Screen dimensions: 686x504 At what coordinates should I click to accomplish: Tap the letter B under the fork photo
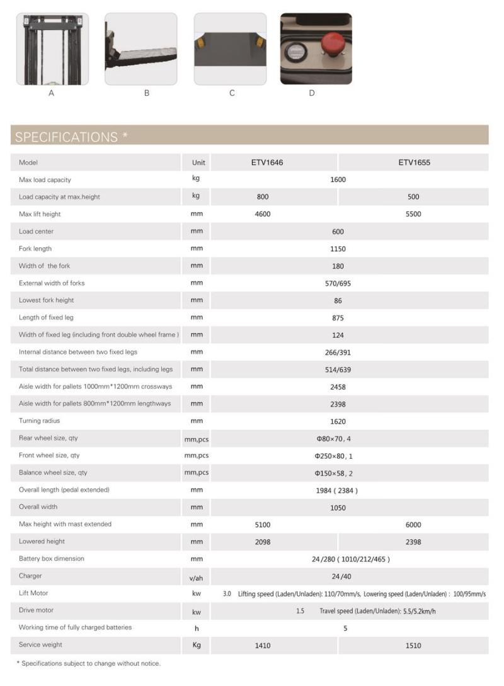pos(147,93)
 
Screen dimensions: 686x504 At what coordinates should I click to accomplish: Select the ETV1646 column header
pos(267,162)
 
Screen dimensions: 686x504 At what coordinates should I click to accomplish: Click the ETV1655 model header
pos(414,162)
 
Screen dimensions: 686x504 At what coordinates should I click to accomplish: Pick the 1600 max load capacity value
pos(338,179)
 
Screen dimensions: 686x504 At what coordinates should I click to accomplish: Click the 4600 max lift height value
pos(263,214)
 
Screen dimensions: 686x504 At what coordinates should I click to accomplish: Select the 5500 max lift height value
pos(413,214)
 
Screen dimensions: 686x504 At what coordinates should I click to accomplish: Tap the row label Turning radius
pos(40,420)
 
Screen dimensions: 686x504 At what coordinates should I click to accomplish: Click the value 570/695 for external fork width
pos(338,283)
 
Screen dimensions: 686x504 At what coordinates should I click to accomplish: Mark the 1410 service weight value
pos(263,645)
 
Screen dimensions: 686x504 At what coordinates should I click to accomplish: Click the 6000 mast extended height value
pos(413,524)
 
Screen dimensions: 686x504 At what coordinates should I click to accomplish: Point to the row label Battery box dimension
pos(52,558)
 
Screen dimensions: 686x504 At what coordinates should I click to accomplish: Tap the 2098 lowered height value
pos(263,542)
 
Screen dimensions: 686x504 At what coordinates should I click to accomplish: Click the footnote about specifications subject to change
pos(88,663)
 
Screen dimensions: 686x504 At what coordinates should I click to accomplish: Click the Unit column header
pos(198,162)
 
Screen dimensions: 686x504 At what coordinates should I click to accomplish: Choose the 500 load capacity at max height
pos(413,197)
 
